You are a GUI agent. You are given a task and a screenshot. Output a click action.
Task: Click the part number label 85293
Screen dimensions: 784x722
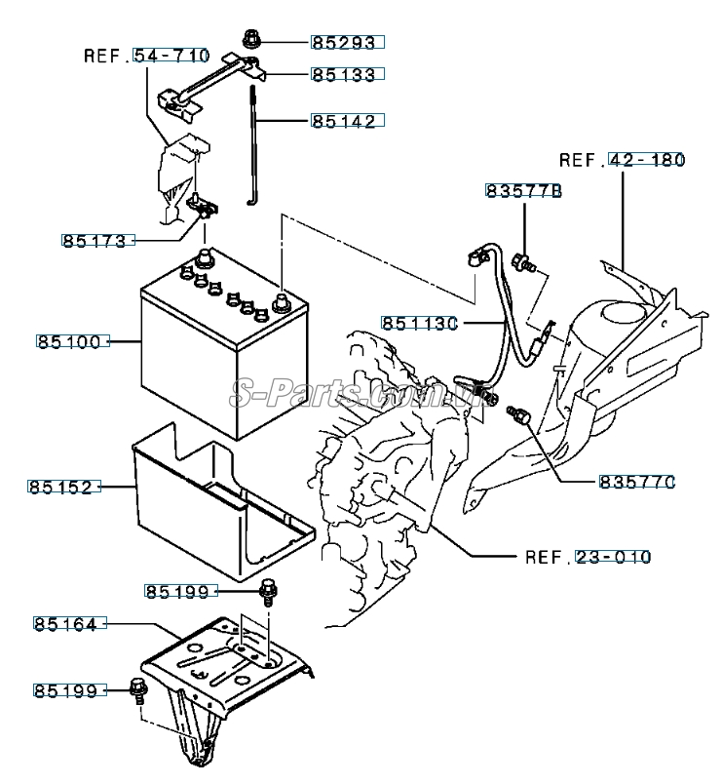348,42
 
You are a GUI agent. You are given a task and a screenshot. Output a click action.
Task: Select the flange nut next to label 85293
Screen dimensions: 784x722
248,41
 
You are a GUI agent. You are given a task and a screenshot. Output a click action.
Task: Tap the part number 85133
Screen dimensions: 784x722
348,74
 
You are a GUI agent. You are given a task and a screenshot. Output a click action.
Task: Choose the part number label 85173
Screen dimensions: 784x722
95,240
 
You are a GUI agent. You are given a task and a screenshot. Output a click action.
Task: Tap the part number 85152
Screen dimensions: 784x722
64,486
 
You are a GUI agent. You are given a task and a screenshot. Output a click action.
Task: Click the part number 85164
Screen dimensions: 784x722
64,623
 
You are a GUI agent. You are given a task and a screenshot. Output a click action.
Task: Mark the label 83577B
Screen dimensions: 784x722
524,192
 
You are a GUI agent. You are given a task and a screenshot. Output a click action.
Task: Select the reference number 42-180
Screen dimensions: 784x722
647,159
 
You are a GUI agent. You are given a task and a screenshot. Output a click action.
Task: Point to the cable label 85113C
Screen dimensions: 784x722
419,323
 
